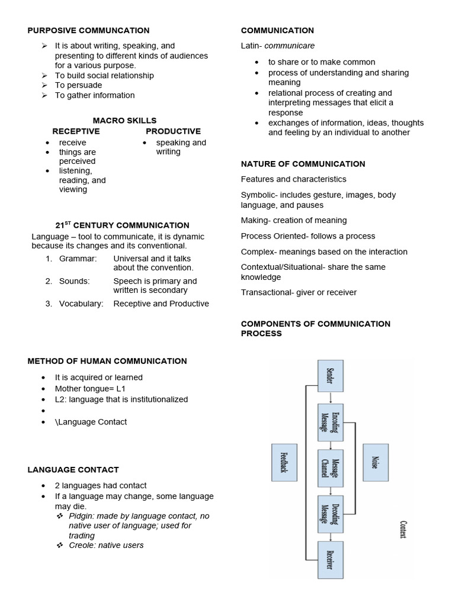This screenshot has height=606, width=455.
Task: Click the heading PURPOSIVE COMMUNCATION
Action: coord(88,31)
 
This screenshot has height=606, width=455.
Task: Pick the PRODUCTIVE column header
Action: coord(173,131)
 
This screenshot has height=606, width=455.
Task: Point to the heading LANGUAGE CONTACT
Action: coord(73,470)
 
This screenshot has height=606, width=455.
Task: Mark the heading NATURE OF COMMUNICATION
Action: coord(303,164)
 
